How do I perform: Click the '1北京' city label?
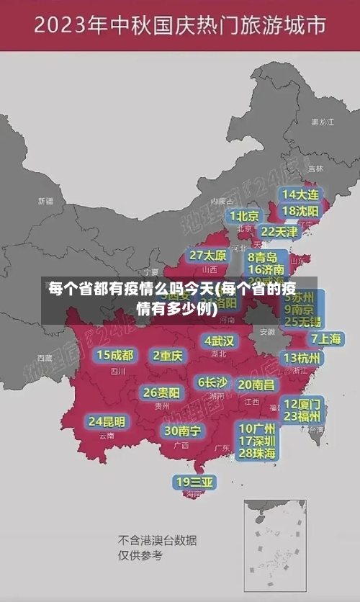click(245, 215)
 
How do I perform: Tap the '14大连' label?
click(301, 194)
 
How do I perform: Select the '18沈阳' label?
click(301, 211)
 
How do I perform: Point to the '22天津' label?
click(279, 232)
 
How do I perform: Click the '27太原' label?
click(208, 255)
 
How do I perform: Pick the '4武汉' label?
click(219, 340)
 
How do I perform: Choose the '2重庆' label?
click(168, 355)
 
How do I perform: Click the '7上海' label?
click(325, 338)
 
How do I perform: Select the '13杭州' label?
click(303, 358)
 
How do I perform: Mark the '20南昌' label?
click(256, 385)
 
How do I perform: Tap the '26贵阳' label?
click(161, 392)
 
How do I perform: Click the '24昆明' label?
click(107, 421)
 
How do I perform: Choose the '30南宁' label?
click(183, 431)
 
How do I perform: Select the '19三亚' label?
click(194, 482)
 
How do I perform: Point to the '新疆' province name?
click(46, 201)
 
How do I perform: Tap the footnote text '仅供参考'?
click(140, 555)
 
